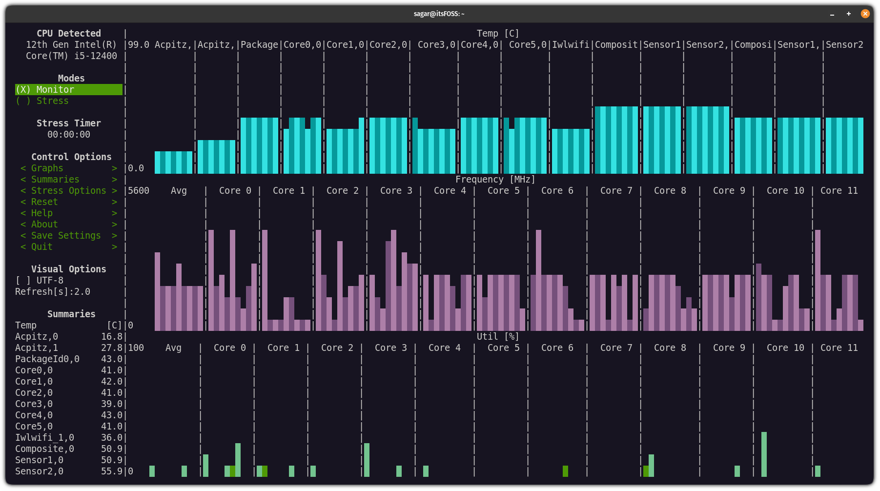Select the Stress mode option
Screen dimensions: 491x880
click(x=52, y=101)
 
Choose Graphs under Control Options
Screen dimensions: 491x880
click(x=47, y=168)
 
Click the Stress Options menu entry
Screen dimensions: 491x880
click(x=68, y=191)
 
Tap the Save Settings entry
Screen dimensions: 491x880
click(x=66, y=236)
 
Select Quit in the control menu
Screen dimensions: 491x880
click(x=41, y=247)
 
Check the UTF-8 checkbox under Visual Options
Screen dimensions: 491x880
click(x=23, y=281)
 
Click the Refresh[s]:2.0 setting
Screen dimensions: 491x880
click(x=53, y=292)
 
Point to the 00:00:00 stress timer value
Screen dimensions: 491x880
click(x=69, y=135)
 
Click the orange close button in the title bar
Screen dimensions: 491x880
click(x=865, y=14)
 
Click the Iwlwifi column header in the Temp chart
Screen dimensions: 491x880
click(x=571, y=45)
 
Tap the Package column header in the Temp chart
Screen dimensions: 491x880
click(x=259, y=45)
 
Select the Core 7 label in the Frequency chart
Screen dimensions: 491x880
click(x=616, y=191)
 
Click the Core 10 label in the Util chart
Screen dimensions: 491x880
click(x=785, y=348)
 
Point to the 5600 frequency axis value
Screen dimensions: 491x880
click(x=139, y=191)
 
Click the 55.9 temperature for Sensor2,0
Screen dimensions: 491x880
click(x=111, y=471)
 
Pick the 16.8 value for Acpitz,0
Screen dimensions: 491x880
click(x=111, y=337)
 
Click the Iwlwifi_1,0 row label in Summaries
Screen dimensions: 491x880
click(x=44, y=438)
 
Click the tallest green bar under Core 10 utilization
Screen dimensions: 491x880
click(x=764, y=454)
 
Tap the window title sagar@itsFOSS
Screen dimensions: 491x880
click(x=439, y=14)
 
